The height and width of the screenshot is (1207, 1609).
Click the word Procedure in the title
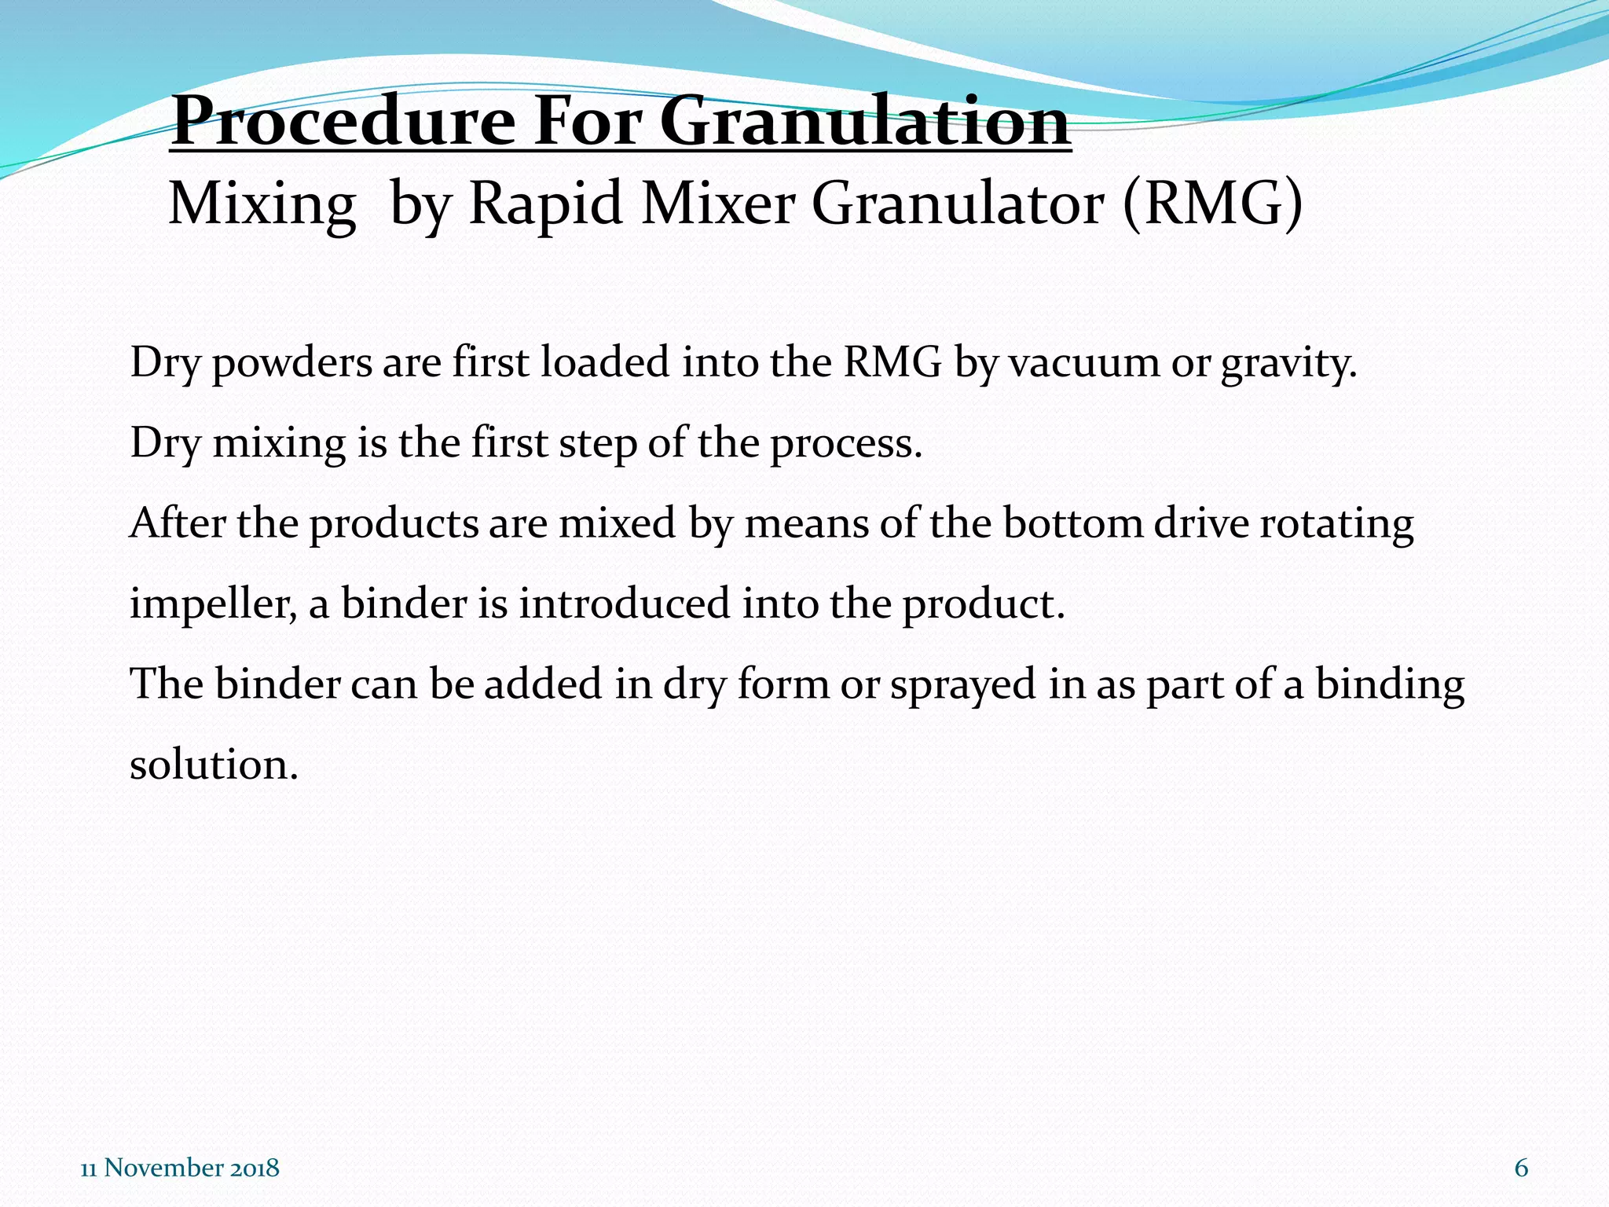pyautogui.click(x=343, y=122)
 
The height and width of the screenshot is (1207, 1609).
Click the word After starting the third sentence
pyautogui.click(x=178, y=523)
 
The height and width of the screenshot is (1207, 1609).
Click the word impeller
pyautogui.click(x=213, y=605)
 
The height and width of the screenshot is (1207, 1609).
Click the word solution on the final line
pyautogui.click(x=213, y=765)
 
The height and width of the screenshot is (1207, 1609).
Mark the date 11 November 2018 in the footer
pyautogui.click(x=180, y=1168)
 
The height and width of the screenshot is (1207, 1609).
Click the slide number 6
pyautogui.click(x=1521, y=1168)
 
